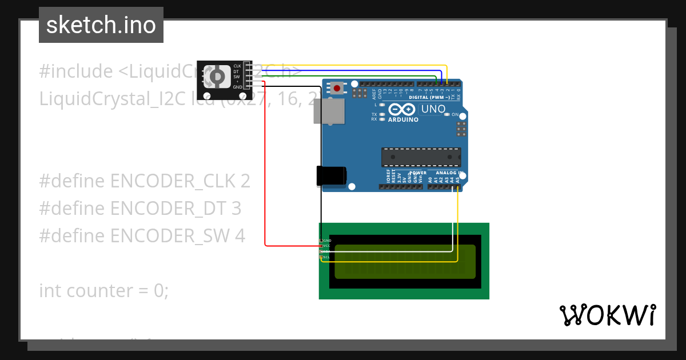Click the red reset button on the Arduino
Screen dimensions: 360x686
tap(337, 88)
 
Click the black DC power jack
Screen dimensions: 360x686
tap(331, 175)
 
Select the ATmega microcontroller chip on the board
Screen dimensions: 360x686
tap(421, 157)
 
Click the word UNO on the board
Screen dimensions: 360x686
tap(433, 109)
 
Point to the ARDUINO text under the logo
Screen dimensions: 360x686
tap(403, 120)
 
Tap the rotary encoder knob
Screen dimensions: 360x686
tap(218, 76)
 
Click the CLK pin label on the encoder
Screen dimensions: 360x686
tap(237, 66)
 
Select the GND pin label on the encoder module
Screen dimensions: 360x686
tap(237, 87)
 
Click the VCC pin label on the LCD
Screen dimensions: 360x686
tap(326, 246)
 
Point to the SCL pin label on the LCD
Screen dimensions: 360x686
tap(326, 257)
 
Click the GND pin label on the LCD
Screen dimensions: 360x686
tap(327, 241)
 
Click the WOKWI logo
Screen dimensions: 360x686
tap(607, 315)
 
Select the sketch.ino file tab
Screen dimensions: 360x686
tap(101, 25)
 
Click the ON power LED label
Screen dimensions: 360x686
tap(455, 115)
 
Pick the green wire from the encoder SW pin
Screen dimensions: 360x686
tap(343, 76)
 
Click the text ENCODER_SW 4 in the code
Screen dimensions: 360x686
tap(178, 235)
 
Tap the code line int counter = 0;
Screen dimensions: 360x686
tap(104, 290)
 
